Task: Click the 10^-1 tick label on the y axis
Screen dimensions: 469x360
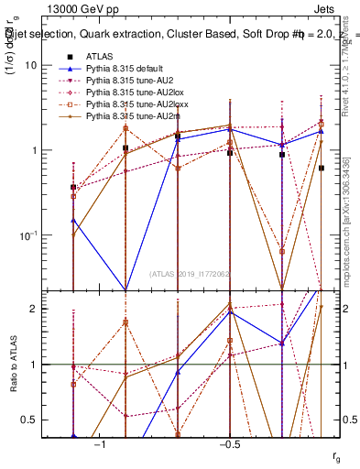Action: (27, 235)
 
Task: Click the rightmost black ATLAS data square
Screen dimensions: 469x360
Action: (322, 169)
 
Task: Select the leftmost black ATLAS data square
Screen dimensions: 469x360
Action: (73, 187)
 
